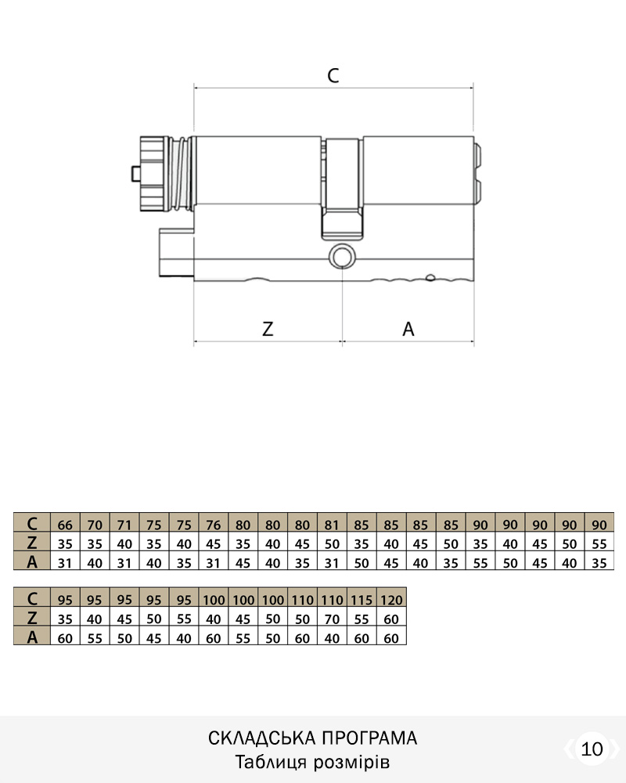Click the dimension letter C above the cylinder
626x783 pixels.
coord(333,75)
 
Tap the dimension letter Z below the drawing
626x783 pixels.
coord(268,329)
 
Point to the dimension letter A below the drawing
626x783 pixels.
coord(408,329)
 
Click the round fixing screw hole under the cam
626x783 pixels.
coord(342,256)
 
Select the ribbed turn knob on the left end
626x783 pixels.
coord(153,173)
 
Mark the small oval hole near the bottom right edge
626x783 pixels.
coord(430,277)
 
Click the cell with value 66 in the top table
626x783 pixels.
coord(65,525)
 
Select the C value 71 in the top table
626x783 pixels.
coord(124,525)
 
